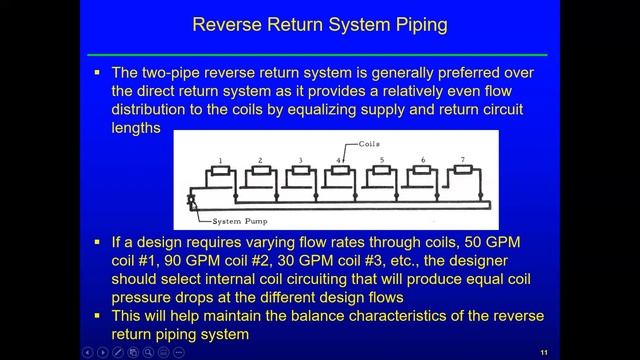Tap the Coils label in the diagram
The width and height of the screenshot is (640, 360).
(369, 144)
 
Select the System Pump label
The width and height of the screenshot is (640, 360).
(240, 221)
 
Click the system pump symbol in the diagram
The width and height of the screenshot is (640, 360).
(191, 200)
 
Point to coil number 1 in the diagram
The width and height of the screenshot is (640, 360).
(220, 170)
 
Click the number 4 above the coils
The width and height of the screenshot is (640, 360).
(338, 160)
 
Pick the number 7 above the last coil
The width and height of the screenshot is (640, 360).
(462, 160)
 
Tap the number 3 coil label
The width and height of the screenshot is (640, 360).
(300, 160)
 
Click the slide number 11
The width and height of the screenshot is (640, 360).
(544, 353)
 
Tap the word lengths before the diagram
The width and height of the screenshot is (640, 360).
(136, 128)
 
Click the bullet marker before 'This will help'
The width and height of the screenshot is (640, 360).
(97, 316)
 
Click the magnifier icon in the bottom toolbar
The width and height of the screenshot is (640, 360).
(148, 352)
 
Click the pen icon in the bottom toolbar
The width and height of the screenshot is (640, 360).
(118, 352)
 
